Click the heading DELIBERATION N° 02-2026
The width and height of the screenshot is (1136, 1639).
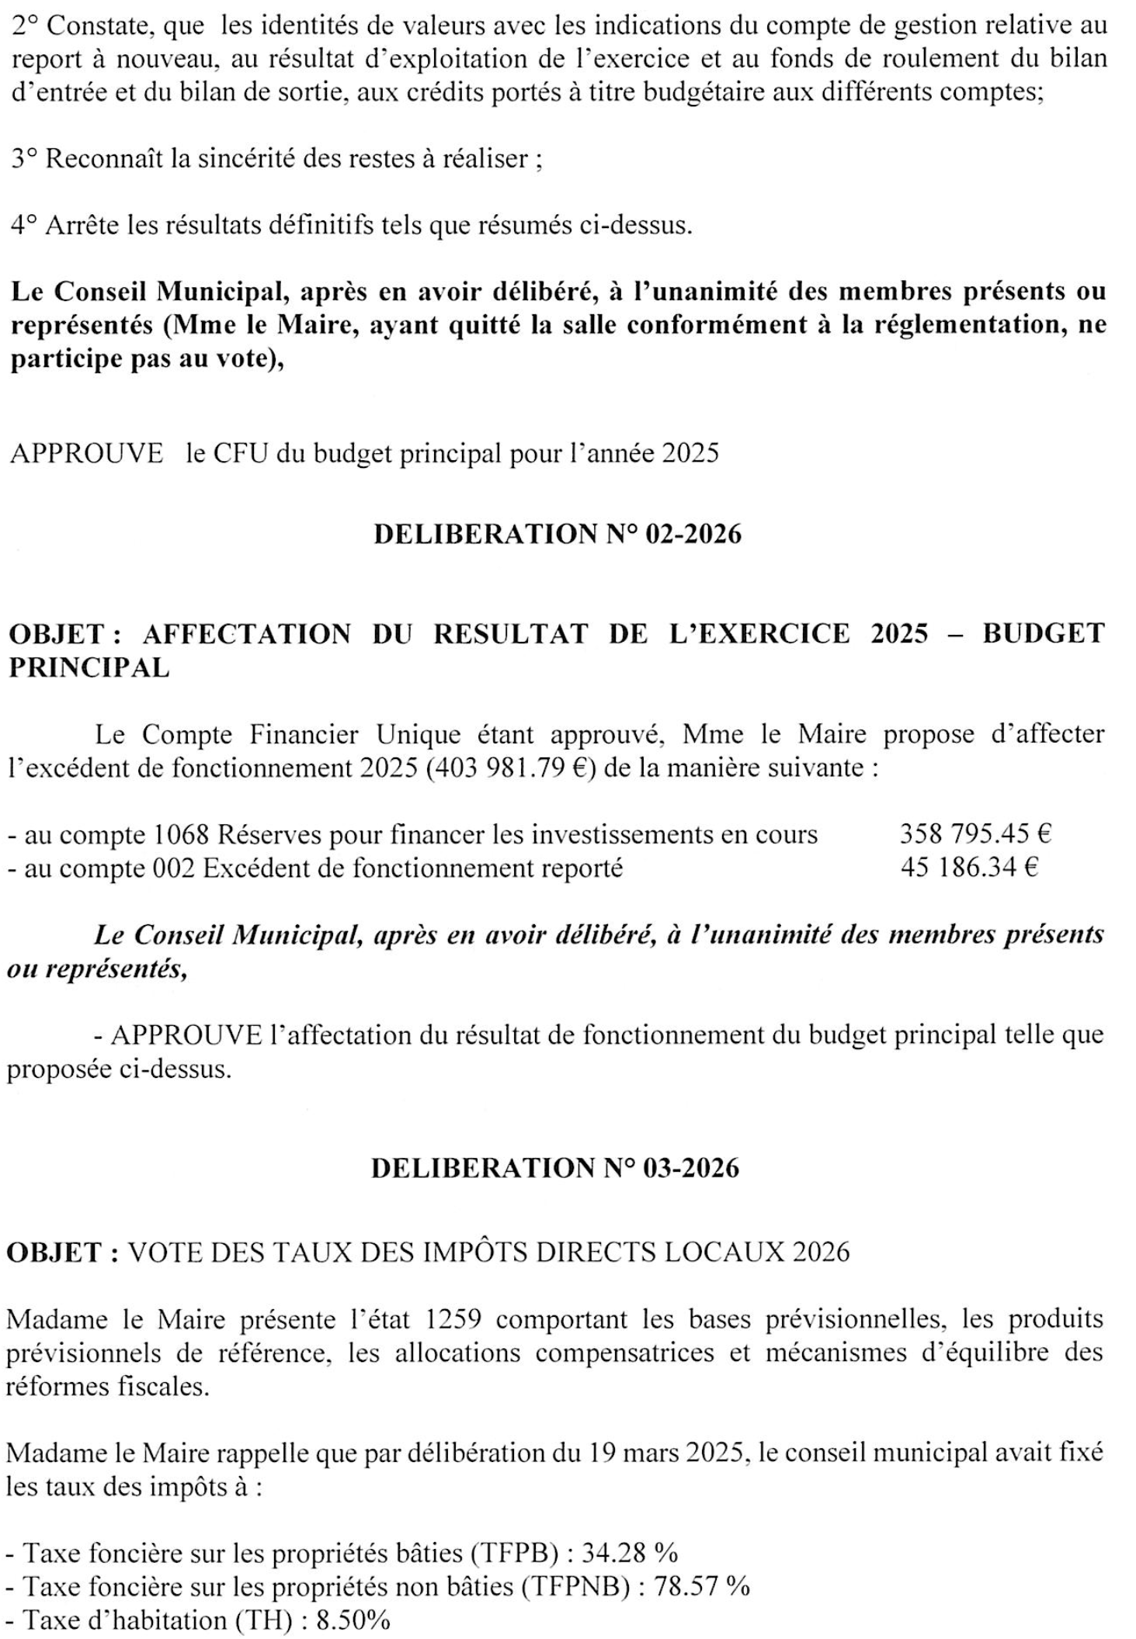click(557, 535)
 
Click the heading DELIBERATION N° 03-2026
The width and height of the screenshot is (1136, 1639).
click(555, 1168)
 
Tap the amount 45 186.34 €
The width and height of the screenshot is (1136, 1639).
click(969, 867)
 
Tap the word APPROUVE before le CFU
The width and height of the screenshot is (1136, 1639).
click(86, 453)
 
